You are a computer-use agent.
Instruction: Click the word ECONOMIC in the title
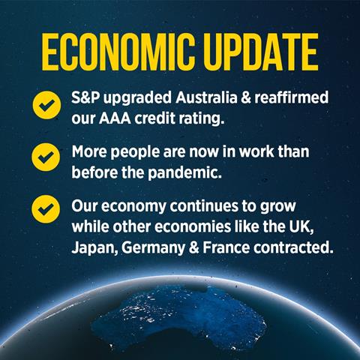[x=118, y=52]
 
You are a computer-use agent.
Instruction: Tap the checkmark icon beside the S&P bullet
[x=46, y=105]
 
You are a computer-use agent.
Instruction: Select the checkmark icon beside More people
[x=46, y=157]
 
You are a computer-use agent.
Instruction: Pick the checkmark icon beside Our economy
[x=46, y=209]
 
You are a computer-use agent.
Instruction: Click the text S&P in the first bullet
[x=85, y=97]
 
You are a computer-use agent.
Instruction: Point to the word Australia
[x=206, y=97]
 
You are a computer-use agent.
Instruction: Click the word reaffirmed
[x=292, y=97]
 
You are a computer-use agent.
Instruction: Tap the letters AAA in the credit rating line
[x=115, y=118]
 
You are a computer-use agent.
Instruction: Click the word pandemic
[x=184, y=173]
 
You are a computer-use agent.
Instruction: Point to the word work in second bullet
[x=256, y=151]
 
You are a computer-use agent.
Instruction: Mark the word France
[x=226, y=247]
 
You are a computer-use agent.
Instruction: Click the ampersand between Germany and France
[x=194, y=248]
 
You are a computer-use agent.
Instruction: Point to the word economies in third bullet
[x=193, y=226]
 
